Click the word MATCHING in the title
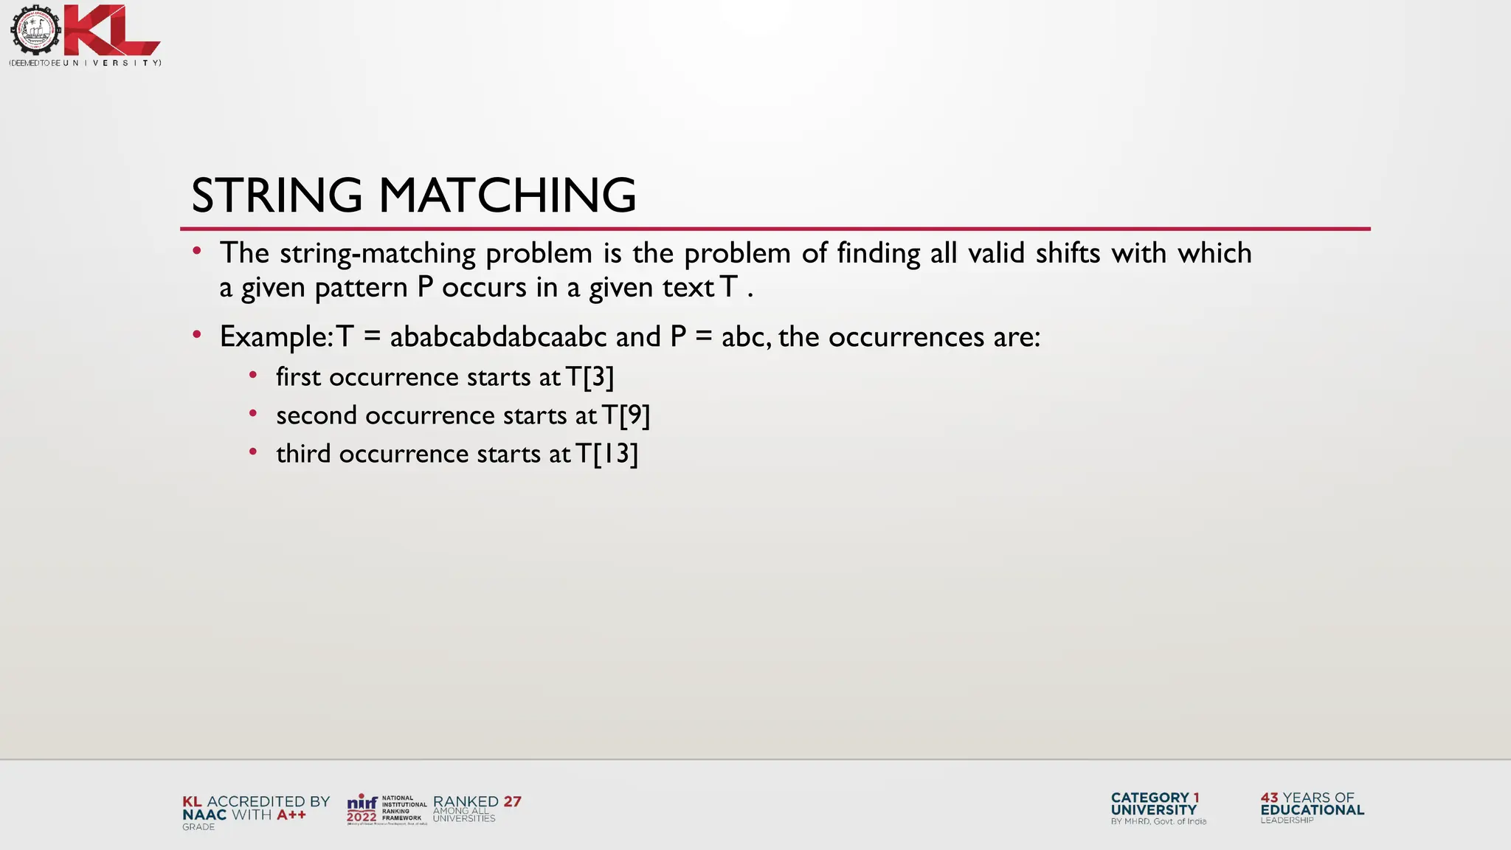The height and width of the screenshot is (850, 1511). click(508, 196)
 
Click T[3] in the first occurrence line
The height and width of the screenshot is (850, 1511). click(589, 377)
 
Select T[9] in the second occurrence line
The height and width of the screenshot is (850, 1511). click(626, 415)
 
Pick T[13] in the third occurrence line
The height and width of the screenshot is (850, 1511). click(606, 454)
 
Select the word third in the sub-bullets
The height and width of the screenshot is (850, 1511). click(303, 454)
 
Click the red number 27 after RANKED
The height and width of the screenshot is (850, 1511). click(512, 801)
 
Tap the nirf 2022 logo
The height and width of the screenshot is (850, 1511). click(362, 809)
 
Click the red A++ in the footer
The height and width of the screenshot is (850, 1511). click(291, 815)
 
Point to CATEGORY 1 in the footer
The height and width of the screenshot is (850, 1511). click(1155, 798)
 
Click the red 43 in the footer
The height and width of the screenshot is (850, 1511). click(1269, 798)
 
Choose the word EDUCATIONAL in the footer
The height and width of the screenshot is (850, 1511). click(1312, 809)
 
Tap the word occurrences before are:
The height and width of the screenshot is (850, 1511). click(906, 337)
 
